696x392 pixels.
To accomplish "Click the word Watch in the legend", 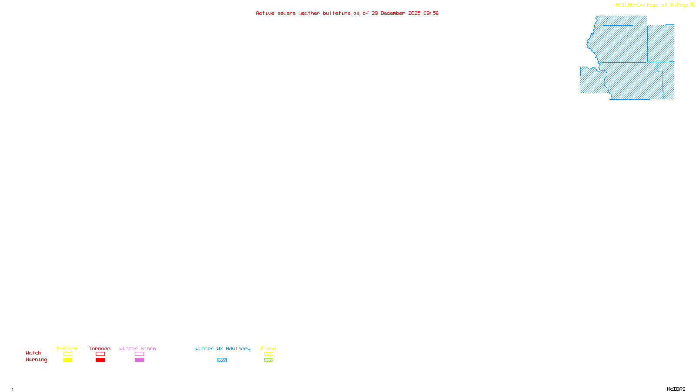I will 33,353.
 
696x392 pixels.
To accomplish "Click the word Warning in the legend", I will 36,360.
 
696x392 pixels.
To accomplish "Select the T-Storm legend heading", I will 67,348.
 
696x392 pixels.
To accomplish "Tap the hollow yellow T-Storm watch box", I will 67,354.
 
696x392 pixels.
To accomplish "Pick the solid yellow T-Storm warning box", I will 67,360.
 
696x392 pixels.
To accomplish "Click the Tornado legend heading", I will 100,348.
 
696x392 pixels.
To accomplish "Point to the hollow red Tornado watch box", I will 100,354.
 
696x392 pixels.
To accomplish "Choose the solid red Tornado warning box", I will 100,360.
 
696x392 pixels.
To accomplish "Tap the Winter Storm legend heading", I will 137,348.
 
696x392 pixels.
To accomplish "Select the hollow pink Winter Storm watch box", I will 139,354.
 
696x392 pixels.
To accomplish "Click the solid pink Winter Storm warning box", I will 139,360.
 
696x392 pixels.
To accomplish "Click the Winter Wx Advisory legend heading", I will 223,348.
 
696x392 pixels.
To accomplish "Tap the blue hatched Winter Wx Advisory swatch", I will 222,360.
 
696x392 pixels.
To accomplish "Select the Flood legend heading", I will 268,348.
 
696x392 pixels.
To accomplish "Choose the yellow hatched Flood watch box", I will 268,354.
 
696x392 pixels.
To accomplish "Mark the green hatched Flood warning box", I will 268,360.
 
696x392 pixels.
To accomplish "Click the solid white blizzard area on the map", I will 660,20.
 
